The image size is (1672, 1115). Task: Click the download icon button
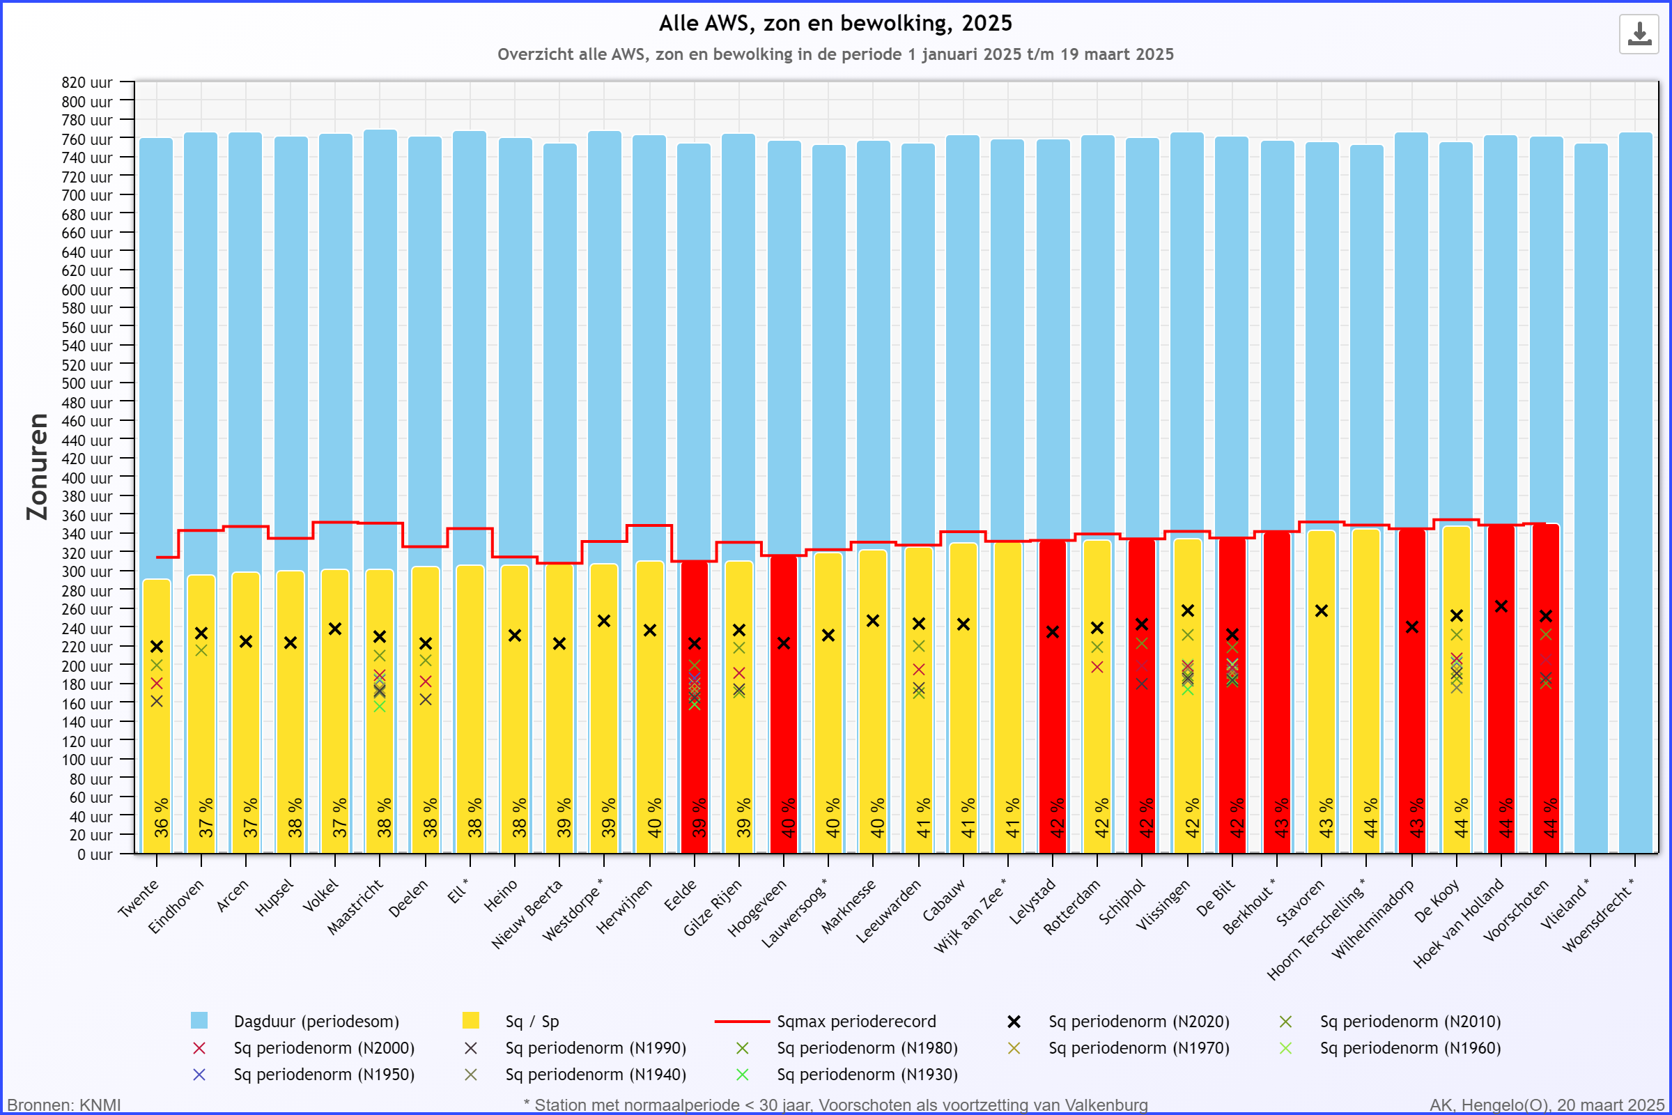pyautogui.click(x=1639, y=33)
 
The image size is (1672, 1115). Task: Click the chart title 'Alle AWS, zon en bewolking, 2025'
pyautogui.click(x=835, y=24)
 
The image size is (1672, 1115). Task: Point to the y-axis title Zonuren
pyautogui.click(x=37, y=466)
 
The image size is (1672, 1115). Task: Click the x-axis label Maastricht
pyautogui.click(x=355, y=907)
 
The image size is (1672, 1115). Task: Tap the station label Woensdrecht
pyautogui.click(x=1598, y=915)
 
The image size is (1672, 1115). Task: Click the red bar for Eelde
pyautogui.click(x=695, y=707)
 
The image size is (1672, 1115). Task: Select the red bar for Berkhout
pyautogui.click(x=1277, y=692)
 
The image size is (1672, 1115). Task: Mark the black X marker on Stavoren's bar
pyautogui.click(x=1322, y=611)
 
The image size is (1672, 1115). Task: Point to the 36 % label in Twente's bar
pyautogui.click(x=162, y=817)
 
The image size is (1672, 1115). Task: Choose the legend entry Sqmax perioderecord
pyautogui.click(x=826, y=1022)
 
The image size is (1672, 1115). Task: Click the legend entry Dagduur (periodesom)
pyautogui.click(x=295, y=1022)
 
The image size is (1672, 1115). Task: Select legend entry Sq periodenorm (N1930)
pyautogui.click(x=846, y=1075)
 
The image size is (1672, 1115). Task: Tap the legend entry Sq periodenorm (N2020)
pyautogui.click(x=1118, y=1022)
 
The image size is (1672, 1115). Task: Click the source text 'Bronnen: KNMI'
pyautogui.click(x=64, y=1105)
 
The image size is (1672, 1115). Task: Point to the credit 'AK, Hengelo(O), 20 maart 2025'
pyautogui.click(x=1547, y=1105)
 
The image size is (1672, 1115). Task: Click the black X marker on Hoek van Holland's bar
pyautogui.click(x=1501, y=606)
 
